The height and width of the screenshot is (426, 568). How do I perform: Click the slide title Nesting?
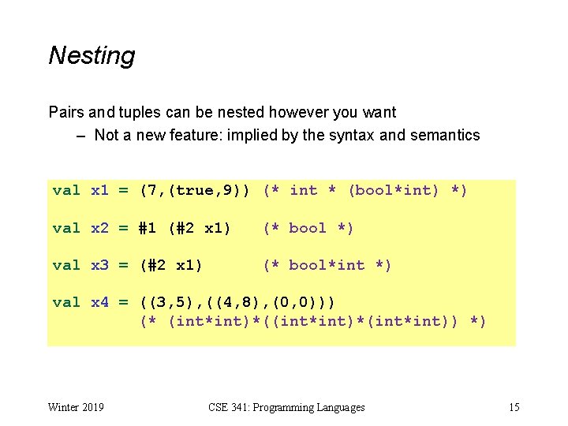click(x=92, y=56)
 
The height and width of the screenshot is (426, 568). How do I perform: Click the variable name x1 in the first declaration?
click(x=100, y=190)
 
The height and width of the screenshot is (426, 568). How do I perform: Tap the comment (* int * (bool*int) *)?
click(x=366, y=190)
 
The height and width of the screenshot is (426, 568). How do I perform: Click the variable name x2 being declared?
click(x=100, y=228)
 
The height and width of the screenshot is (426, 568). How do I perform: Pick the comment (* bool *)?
click(x=308, y=228)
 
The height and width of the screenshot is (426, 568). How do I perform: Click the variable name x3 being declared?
click(x=100, y=265)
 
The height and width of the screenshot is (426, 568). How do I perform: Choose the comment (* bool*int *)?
click(x=327, y=265)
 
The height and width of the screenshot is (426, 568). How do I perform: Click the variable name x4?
click(x=100, y=303)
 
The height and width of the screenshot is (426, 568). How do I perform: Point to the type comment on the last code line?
click(x=313, y=321)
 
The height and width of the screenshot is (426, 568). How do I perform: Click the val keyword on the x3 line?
click(x=66, y=265)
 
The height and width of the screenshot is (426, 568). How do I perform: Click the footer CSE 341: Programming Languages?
click(x=286, y=407)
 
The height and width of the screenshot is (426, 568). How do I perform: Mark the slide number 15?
click(x=514, y=407)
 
